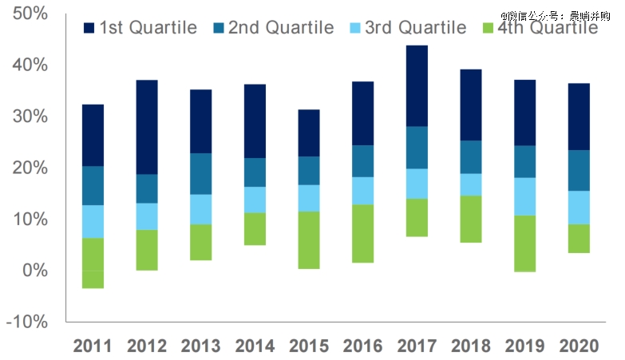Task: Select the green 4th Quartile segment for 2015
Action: [310, 239]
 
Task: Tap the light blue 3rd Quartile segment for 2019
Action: [524, 196]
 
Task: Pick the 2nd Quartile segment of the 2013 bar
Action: [201, 173]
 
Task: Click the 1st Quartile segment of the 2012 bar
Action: [147, 127]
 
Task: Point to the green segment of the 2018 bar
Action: [472, 219]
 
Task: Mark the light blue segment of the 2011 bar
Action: [93, 221]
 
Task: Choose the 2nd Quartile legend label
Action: [280, 28]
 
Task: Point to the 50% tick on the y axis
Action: [30, 14]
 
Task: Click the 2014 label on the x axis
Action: [255, 346]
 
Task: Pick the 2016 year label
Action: [364, 346]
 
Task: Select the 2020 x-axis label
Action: [580, 346]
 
